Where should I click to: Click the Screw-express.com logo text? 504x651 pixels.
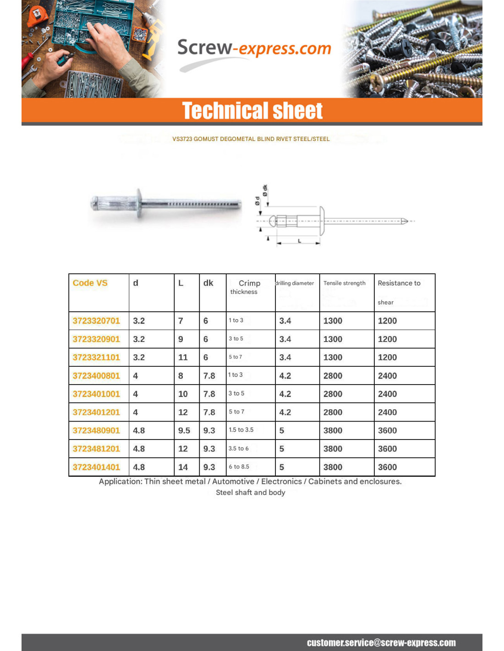(254, 49)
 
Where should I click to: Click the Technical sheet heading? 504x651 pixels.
(252, 111)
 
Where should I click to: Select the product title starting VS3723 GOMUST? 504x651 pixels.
(251, 139)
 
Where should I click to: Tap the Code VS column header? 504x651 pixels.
(90, 283)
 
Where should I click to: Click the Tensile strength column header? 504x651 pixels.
(344, 283)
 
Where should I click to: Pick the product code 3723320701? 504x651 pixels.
(96, 321)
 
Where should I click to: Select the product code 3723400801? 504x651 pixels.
(96, 376)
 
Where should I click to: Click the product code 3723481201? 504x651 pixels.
(96, 449)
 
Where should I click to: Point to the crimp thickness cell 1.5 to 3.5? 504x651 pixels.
(241, 430)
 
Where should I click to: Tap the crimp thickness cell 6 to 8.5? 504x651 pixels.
(239, 467)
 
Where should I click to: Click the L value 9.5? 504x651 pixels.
(184, 431)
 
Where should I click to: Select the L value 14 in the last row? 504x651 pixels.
(183, 467)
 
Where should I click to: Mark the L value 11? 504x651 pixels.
(183, 358)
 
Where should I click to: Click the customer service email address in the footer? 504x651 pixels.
(381, 643)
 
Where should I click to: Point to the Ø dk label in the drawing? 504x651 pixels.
(265, 190)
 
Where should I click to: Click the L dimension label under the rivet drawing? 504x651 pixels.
(300, 241)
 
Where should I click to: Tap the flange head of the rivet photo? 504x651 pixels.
(139, 204)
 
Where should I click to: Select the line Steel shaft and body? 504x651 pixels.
(251, 493)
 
